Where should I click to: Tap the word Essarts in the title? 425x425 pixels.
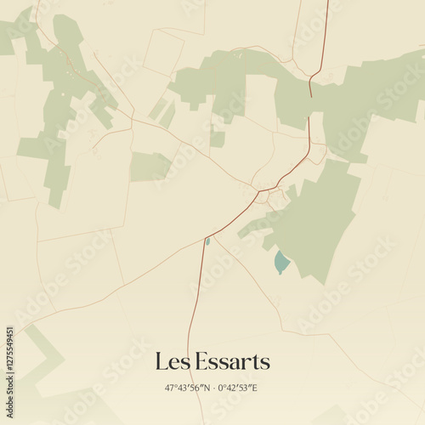(x=229, y=362)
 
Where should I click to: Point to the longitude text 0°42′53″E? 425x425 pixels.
(x=237, y=388)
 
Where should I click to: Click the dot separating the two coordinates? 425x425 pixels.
(x=212, y=388)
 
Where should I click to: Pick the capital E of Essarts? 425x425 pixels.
(x=196, y=362)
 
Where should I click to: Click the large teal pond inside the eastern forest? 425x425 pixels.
(x=281, y=263)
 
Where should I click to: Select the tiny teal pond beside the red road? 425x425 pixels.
(x=207, y=241)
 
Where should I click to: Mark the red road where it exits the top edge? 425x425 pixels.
(x=327, y=3)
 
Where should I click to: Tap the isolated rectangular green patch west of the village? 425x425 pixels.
(x=150, y=167)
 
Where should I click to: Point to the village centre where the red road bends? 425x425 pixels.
(x=259, y=190)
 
